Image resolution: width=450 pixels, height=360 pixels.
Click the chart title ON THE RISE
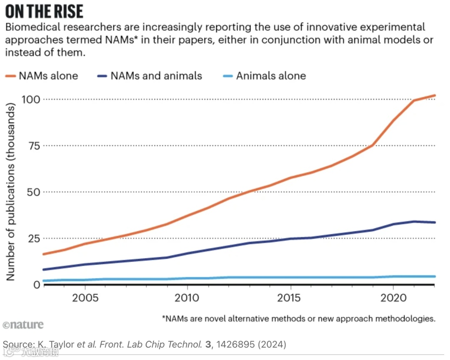tap(44, 11)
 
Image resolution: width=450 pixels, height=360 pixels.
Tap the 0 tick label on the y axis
tap(37, 285)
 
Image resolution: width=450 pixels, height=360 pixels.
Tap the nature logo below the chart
tap(23, 325)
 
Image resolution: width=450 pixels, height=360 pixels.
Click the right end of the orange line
tap(435, 96)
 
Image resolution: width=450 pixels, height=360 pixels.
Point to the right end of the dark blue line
tap(435, 222)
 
